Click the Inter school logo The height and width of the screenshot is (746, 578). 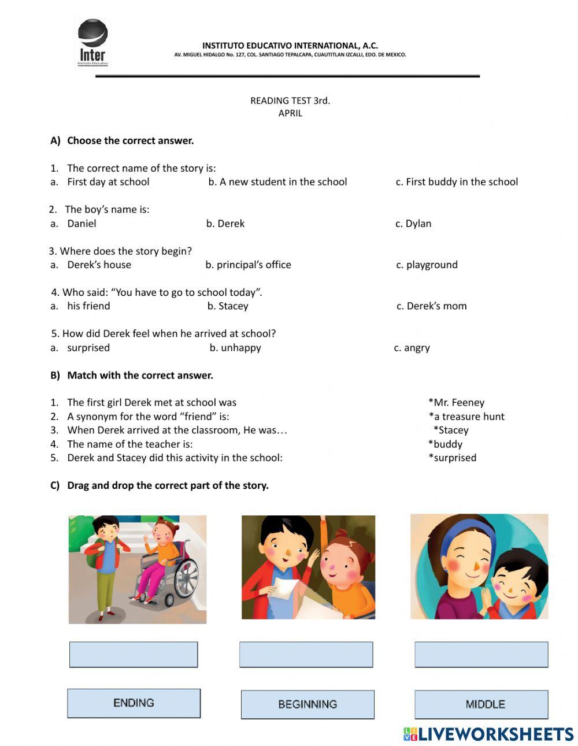tap(92, 42)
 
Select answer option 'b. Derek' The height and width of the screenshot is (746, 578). tap(225, 224)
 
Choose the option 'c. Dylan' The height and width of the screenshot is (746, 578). tap(413, 224)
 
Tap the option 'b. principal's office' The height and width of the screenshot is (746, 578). tap(249, 265)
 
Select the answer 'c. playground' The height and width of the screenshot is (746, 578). tap(427, 265)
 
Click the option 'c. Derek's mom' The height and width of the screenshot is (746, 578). tap(431, 306)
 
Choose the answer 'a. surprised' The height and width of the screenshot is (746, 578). tap(88, 348)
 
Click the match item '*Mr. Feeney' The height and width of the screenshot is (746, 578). tap(457, 403)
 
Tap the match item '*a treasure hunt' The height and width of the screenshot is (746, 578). tap(466, 417)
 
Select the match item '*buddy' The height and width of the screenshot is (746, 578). tap(446, 444)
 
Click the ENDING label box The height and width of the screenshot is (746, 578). tap(134, 703)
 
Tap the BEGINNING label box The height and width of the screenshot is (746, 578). tap(307, 704)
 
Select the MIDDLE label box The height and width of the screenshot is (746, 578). tap(481, 704)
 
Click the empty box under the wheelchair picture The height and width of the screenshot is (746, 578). tap(134, 655)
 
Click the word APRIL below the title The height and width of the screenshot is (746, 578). tap(290, 113)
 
